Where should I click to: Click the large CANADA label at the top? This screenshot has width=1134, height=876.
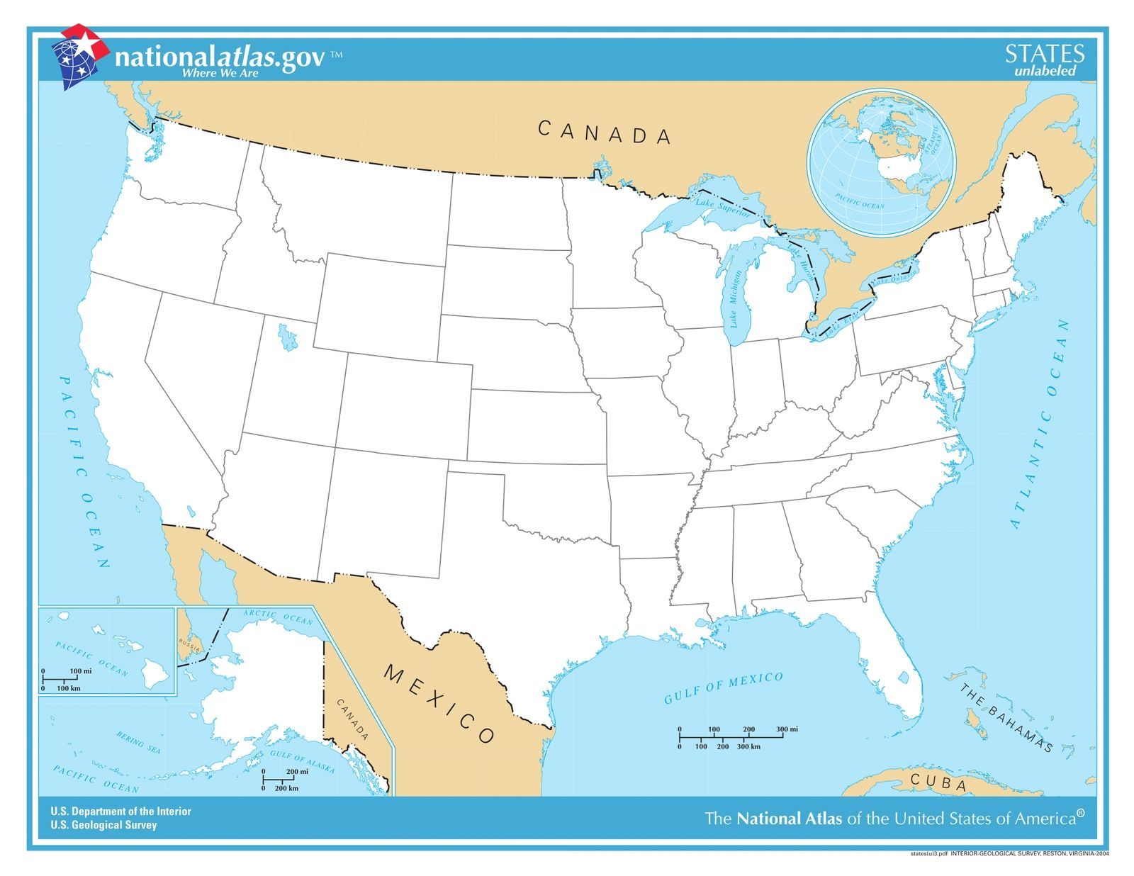(x=604, y=133)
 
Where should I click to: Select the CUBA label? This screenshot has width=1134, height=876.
(x=938, y=783)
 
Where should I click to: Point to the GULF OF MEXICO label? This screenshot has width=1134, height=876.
(x=723, y=688)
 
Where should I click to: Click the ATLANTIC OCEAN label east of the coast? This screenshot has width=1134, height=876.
(x=1039, y=424)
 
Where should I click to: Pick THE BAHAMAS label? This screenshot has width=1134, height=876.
(x=1006, y=717)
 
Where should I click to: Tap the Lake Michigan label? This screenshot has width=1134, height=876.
(x=738, y=300)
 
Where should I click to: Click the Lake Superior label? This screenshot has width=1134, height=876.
(x=722, y=207)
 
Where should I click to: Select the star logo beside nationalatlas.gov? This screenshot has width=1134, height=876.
(x=80, y=57)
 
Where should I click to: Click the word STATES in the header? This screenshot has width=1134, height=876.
(x=1044, y=54)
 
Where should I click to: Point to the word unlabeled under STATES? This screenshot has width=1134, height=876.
(x=1045, y=71)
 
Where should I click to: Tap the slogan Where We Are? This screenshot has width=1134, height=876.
(x=220, y=72)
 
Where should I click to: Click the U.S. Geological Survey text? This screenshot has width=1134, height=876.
(x=103, y=825)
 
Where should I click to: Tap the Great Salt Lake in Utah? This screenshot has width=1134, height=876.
(x=286, y=337)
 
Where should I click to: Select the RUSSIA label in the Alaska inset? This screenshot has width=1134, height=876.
(x=190, y=644)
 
